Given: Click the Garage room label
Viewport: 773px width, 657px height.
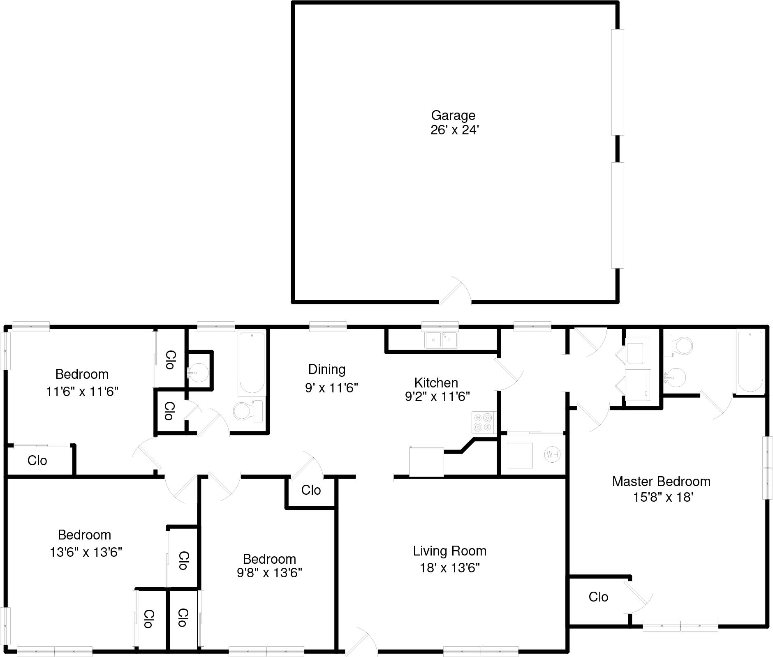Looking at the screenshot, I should click(453, 115).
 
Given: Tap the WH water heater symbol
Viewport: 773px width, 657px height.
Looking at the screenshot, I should click(552, 454).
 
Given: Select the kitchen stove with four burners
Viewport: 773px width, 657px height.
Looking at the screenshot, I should click(483, 422).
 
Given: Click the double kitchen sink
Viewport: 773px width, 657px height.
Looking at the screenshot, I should click(441, 340).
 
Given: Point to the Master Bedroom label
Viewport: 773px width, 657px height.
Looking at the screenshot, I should click(661, 482).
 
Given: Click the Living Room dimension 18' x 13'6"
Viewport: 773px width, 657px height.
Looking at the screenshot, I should click(450, 568).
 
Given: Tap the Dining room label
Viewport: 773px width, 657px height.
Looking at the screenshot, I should click(327, 369).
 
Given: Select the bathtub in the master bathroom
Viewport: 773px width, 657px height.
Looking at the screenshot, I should click(750, 361).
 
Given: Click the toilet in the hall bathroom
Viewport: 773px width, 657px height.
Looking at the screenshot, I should click(247, 410).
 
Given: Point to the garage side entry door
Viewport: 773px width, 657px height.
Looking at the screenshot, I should click(454, 292).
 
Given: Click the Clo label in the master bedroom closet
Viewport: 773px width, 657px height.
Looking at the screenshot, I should click(598, 597).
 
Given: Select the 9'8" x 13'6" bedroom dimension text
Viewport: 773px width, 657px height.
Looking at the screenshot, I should click(269, 572).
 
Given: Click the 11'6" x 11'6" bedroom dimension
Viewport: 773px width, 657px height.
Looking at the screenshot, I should click(82, 392).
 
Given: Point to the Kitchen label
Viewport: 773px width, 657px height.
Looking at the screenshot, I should click(436, 383).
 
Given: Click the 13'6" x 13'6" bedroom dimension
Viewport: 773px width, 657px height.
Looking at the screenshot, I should click(86, 552).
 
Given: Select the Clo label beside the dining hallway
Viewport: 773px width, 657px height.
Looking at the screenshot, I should click(311, 490).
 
